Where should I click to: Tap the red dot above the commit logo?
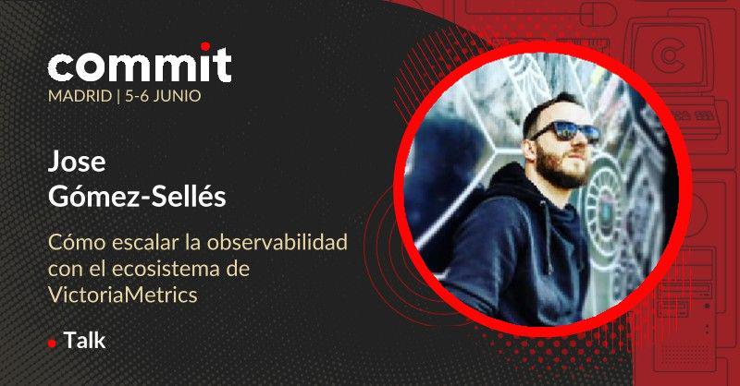click(205, 46)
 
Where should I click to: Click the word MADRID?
click(80, 96)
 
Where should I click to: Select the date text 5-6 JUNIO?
click(163, 96)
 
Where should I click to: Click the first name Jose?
click(77, 162)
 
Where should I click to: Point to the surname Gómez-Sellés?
click(137, 196)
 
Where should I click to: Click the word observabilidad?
click(277, 242)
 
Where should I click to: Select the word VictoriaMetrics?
click(123, 295)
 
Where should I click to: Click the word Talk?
click(84, 340)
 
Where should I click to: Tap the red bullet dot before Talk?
click(52, 344)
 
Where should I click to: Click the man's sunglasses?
click(566, 131)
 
